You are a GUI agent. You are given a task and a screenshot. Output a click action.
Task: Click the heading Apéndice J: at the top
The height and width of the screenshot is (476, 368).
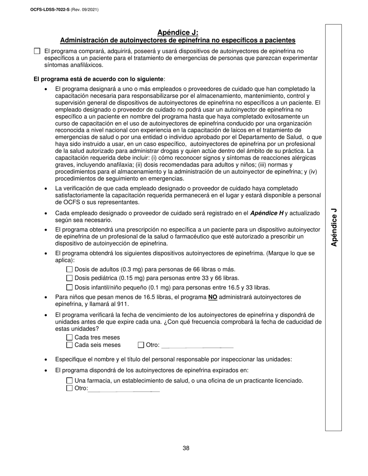(178, 33)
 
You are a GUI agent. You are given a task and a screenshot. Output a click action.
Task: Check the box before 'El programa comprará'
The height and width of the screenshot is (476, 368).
(37, 51)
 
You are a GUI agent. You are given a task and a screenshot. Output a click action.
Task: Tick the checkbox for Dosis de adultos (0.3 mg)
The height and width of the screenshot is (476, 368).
(69, 269)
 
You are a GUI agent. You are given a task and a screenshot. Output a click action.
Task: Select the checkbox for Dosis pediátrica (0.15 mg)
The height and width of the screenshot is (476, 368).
(69, 278)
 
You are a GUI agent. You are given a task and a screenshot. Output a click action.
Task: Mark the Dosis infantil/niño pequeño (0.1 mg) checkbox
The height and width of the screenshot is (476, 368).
(69, 287)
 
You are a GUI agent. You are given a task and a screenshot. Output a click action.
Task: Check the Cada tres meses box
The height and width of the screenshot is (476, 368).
(69, 337)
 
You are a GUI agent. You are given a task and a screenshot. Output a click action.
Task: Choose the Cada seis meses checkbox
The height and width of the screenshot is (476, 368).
(69, 345)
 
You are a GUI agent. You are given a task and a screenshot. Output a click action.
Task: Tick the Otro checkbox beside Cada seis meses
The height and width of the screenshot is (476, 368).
(141, 345)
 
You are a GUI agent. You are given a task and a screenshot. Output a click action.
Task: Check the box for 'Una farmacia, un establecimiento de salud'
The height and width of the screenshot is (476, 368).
(69, 381)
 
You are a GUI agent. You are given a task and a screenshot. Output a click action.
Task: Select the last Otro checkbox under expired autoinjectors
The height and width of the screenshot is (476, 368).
(69, 388)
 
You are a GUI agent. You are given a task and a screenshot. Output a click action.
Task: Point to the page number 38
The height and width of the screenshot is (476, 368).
(186, 448)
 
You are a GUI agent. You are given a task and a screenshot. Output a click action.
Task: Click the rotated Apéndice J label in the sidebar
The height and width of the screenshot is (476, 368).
(334, 227)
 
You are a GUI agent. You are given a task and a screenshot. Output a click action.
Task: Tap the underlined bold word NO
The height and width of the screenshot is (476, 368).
(213, 297)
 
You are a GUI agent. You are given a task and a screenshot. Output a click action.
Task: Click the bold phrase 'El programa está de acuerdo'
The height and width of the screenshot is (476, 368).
(98, 79)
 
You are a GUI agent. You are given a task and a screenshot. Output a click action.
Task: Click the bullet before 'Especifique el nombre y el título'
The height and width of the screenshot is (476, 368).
(46, 360)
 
